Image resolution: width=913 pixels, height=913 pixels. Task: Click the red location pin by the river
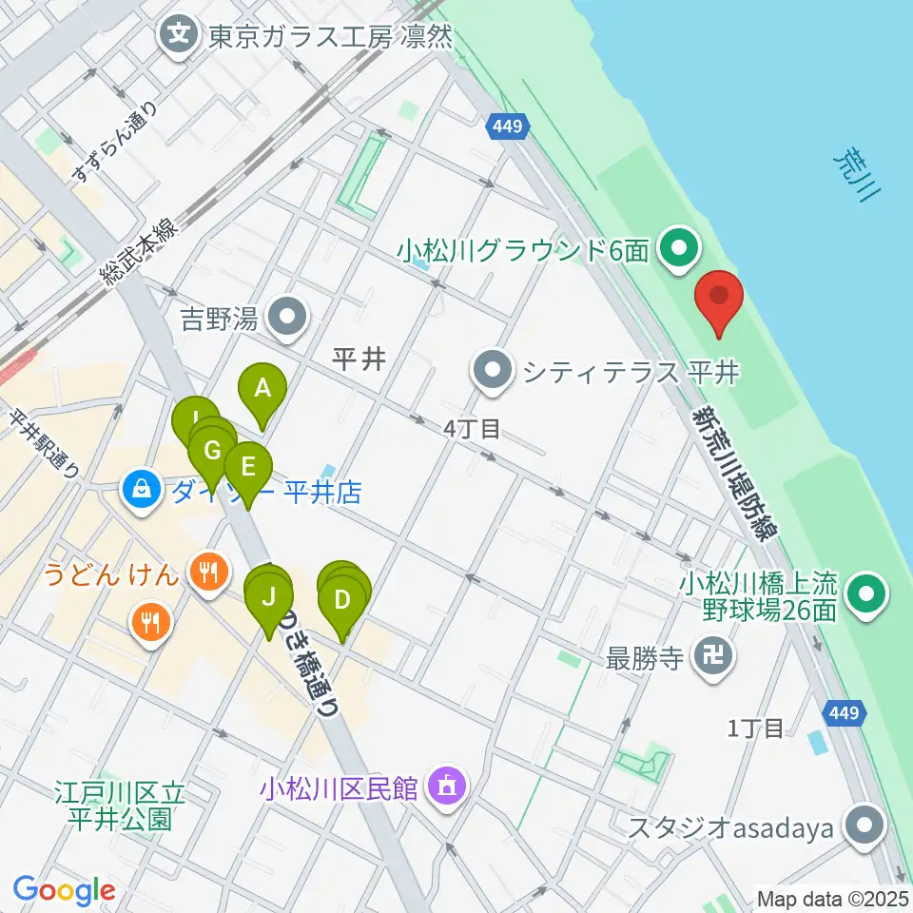coord(719,299)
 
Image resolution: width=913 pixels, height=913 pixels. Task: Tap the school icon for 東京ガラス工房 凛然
coord(178,37)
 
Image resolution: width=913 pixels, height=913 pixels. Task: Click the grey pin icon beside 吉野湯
coord(286,317)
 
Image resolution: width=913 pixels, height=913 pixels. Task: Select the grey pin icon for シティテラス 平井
coord(492,371)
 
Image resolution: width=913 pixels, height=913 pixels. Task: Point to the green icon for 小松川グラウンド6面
coord(678,251)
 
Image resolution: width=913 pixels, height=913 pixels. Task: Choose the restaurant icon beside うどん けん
coord(206,572)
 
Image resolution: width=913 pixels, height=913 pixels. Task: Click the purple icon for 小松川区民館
coord(445,787)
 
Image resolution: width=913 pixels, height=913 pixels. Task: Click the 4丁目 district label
coord(471,430)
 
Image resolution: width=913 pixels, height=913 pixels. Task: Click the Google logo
coord(64,890)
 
